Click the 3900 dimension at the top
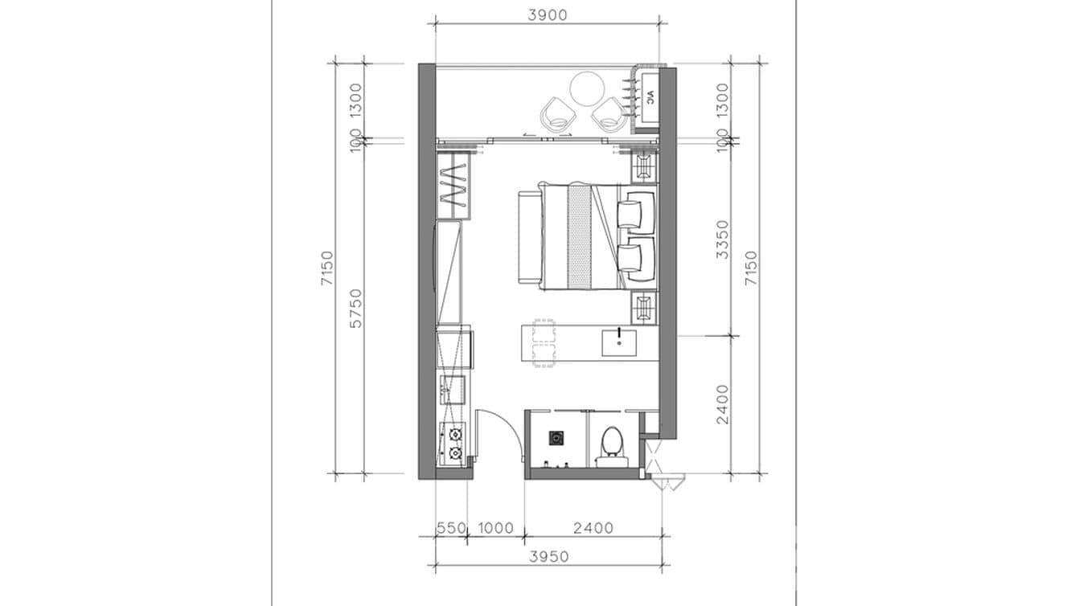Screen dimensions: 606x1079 [547, 14]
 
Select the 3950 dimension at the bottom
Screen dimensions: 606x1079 [549, 556]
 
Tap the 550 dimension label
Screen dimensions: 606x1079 [451, 528]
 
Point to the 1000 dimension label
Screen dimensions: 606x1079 [495, 528]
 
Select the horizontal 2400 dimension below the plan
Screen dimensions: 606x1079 [593, 528]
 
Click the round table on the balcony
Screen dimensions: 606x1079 [588, 88]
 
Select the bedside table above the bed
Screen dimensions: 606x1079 [645, 166]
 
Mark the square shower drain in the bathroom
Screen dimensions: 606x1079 [556, 438]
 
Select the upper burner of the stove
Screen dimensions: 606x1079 [455, 436]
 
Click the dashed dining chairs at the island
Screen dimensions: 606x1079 [544, 343]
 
